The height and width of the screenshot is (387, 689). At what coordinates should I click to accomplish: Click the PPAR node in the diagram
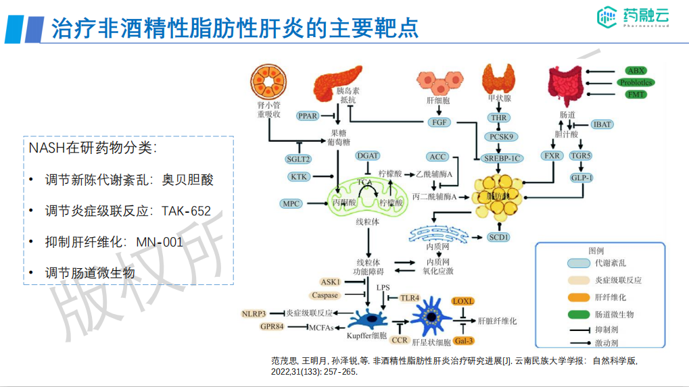coord(308,116)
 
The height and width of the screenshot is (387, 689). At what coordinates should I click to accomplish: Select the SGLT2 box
coord(298,159)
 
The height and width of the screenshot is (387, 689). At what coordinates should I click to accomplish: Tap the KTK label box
coord(299,177)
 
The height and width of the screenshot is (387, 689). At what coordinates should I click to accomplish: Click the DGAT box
coord(368,156)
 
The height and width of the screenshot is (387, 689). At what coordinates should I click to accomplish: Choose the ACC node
coord(437,157)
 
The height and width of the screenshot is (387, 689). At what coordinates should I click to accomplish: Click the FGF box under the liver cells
coord(438,122)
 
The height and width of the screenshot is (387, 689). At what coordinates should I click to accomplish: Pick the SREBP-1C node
coord(502,159)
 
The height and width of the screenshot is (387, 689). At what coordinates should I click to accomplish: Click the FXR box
coord(552,156)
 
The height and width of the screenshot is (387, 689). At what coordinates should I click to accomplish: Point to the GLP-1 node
coord(581,178)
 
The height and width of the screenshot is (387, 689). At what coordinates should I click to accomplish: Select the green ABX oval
coord(636,71)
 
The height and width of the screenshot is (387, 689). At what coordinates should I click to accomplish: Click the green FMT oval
coord(636,94)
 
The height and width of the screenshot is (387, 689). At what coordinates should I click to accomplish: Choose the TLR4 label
coord(410,297)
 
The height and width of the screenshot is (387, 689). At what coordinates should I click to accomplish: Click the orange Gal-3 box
coord(464,340)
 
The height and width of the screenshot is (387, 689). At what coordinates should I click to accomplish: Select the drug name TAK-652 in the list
coord(186,211)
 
